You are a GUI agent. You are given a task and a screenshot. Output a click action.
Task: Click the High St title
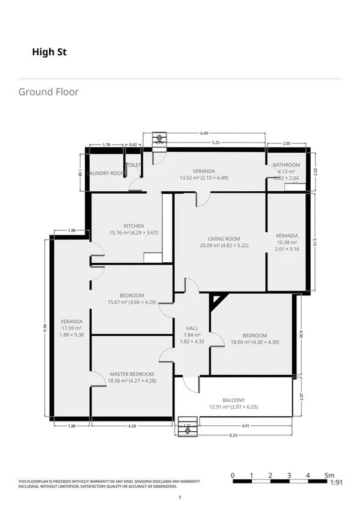[49, 52]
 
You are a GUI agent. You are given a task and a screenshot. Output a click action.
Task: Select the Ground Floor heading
[48, 92]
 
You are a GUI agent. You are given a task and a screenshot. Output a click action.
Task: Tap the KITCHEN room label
[133, 226]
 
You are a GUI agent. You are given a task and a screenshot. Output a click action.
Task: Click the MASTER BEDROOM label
[132, 374]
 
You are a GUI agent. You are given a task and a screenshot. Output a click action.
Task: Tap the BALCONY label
[234, 400]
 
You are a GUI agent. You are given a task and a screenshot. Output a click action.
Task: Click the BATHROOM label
[286, 165]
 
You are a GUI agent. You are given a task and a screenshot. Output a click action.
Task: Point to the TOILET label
[133, 165]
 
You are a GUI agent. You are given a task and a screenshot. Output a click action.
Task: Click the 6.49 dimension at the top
[204, 133]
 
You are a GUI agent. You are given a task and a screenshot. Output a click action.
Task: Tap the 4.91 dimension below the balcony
[246, 426]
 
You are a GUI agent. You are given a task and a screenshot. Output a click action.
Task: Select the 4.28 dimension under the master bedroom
[132, 426]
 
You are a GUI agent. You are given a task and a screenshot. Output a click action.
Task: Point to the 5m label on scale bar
[329, 475]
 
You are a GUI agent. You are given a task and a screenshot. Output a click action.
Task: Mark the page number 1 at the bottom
[180, 497]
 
